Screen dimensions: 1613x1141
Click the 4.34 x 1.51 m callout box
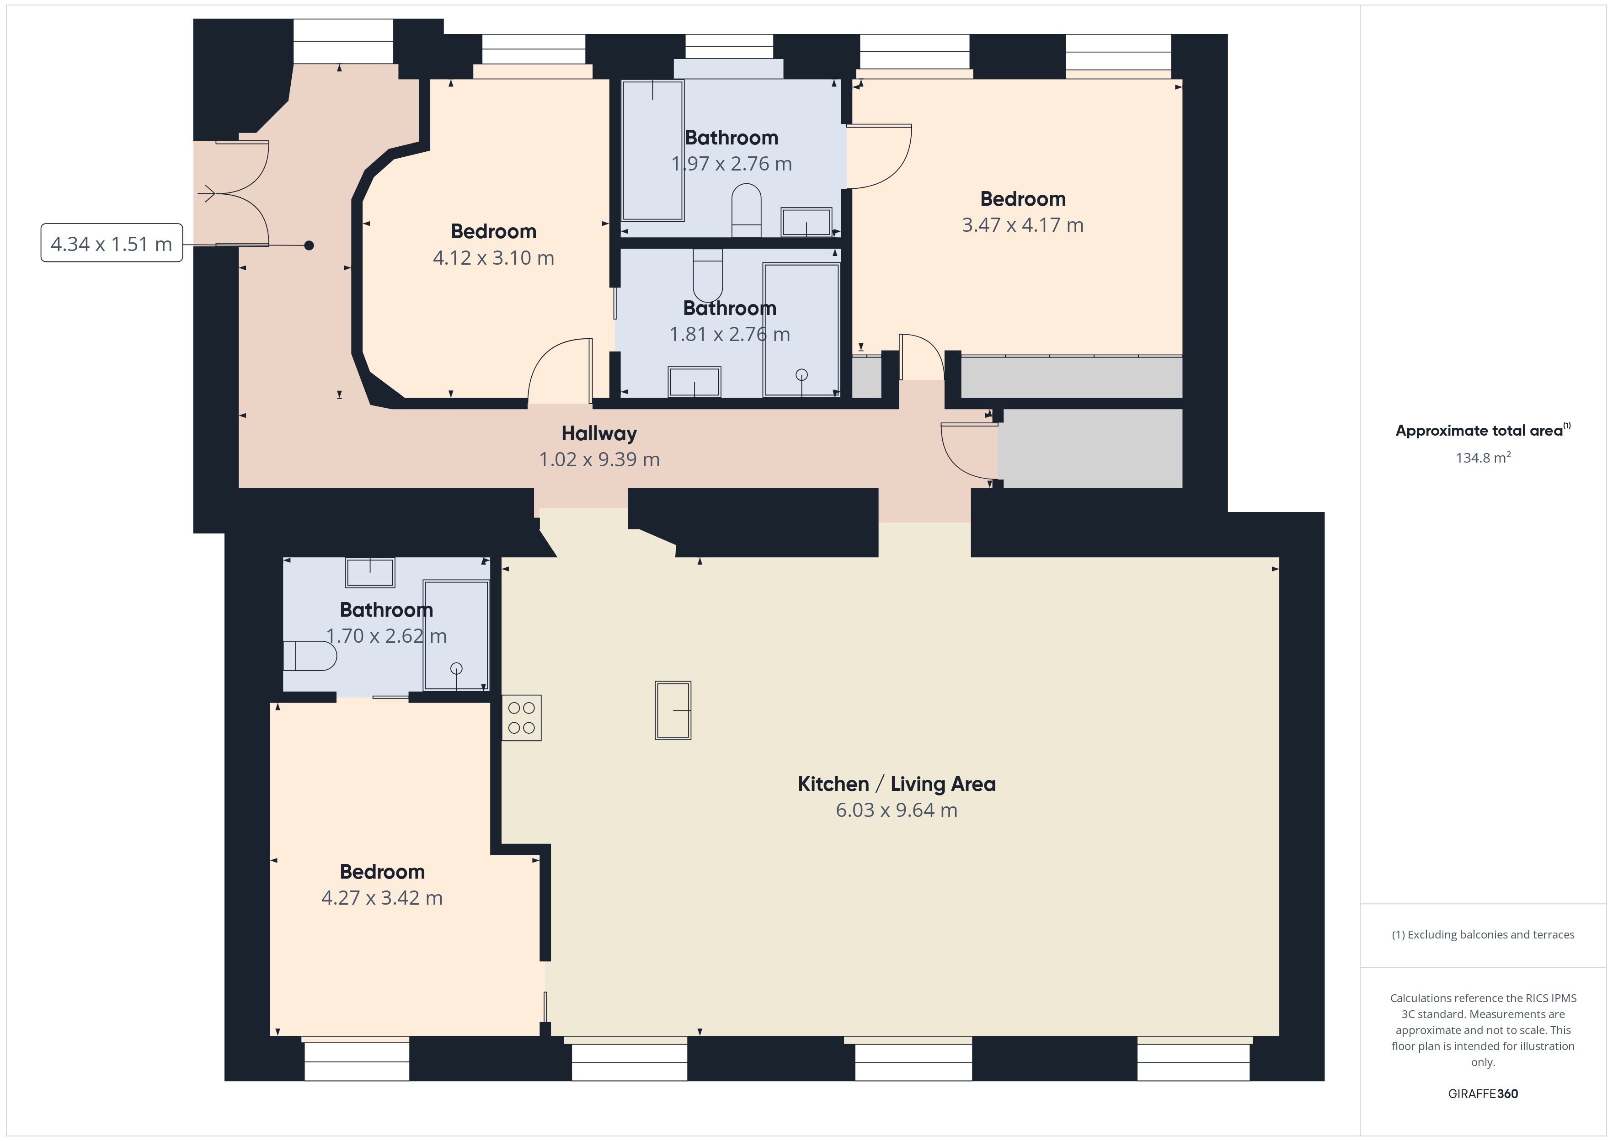pyautogui.click(x=112, y=243)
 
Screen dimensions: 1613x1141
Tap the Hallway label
pyautogui.click(x=599, y=433)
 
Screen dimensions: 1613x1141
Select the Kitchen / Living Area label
pyautogui.click(x=897, y=784)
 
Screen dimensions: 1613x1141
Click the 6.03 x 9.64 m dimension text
pyautogui.click(x=897, y=810)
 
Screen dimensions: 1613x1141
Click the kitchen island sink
pyautogui.click(x=673, y=710)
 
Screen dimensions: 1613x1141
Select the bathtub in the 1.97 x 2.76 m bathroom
pyautogui.click(x=652, y=150)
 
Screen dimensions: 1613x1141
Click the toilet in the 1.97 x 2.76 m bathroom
pyautogui.click(x=746, y=210)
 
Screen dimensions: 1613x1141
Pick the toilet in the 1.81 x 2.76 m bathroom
pyautogui.click(x=707, y=275)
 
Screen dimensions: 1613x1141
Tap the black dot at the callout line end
pyautogui.click(x=309, y=245)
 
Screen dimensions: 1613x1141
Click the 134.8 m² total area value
pyautogui.click(x=1483, y=458)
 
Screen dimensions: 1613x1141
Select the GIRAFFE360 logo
pyautogui.click(x=1483, y=1094)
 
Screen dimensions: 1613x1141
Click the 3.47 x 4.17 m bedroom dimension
pyautogui.click(x=1023, y=225)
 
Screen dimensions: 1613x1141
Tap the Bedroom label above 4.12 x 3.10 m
pyautogui.click(x=494, y=231)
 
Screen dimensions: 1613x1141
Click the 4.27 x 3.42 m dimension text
pyautogui.click(x=382, y=898)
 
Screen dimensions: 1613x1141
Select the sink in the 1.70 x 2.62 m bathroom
pyautogui.click(x=370, y=573)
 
